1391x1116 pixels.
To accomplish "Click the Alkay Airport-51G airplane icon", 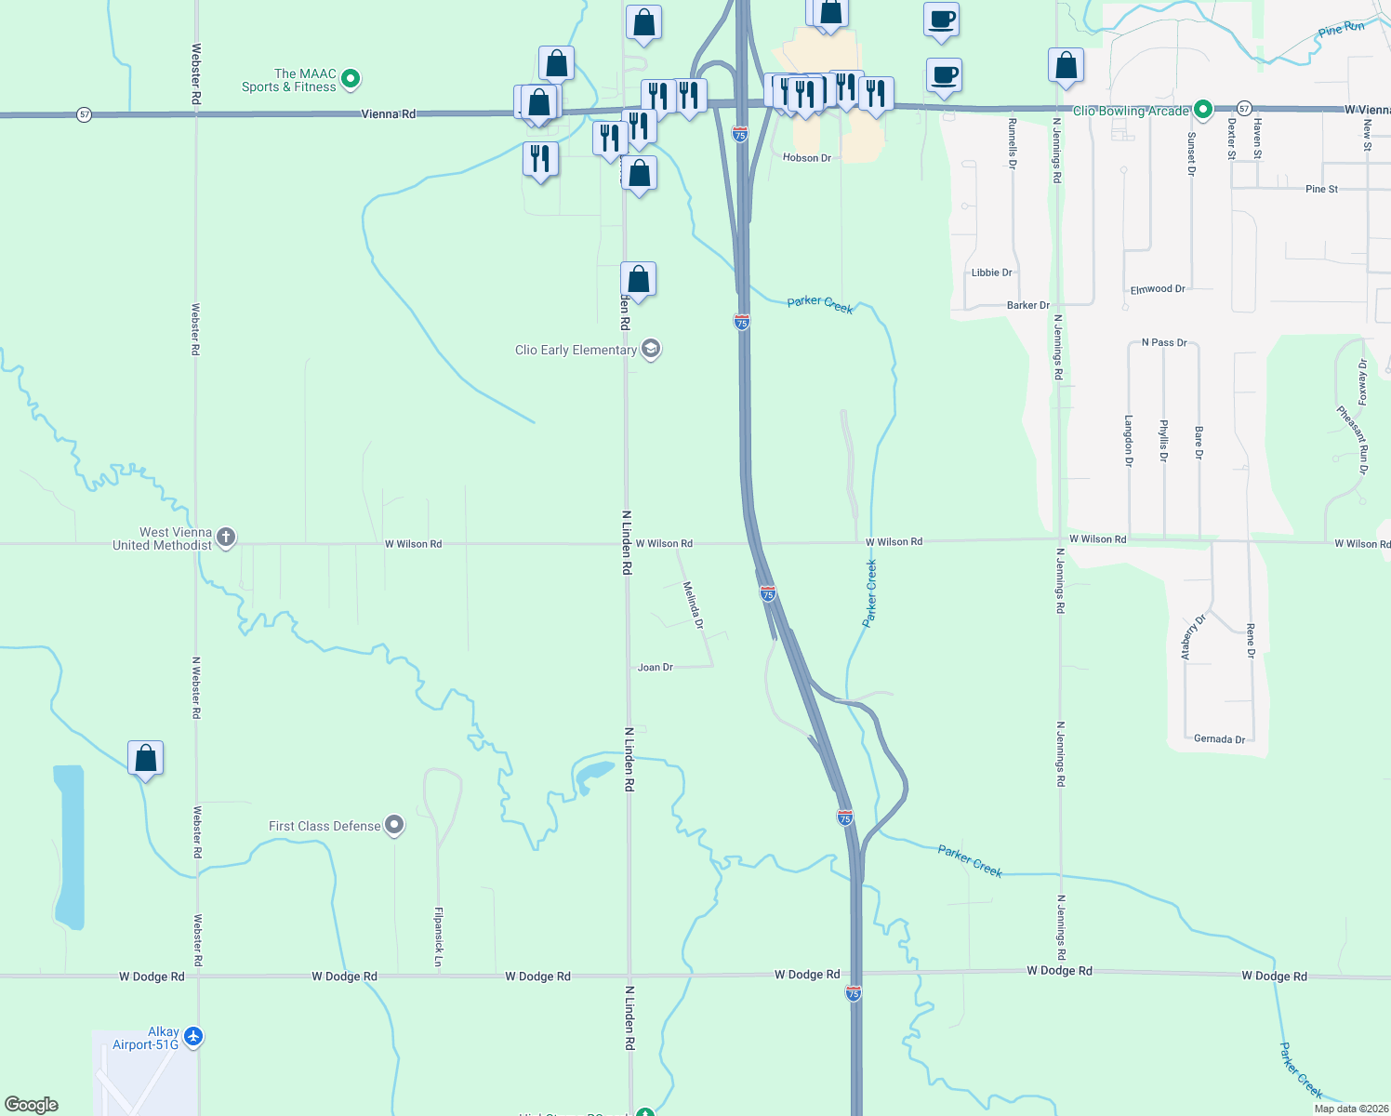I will (x=193, y=1036).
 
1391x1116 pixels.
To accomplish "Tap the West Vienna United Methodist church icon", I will (x=226, y=538).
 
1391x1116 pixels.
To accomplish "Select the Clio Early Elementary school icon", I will (x=651, y=350).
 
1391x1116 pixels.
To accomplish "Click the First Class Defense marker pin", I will (x=395, y=825).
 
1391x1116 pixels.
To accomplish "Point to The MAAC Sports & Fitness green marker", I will (x=351, y=80).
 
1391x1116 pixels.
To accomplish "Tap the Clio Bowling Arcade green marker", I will (x=1202, y=111).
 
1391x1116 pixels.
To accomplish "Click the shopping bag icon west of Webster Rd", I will (x=146, y=759).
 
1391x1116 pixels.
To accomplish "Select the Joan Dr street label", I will (x=656, y=667).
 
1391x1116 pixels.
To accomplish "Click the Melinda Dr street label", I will (x=694, y=604).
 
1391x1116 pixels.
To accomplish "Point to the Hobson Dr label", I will (x=806, y=158).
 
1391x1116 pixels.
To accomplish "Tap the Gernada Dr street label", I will (x=1219, y=739).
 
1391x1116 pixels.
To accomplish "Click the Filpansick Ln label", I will (x=439, y=936).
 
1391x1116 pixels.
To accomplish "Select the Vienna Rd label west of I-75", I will (x=388, y=113).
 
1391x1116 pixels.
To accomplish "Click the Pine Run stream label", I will (x=1341, y=30).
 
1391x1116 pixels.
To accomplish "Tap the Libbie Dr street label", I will (x=991, y=272).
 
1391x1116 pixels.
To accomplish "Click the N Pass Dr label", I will (x=1164, y=342).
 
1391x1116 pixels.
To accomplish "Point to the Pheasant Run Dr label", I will (x=1352, y=439).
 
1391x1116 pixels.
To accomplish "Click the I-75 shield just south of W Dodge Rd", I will (x=854, y=993).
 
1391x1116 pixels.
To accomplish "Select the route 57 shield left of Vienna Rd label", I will (x=85, y=114).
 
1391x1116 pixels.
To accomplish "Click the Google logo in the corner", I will (x=32, y=1104).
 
